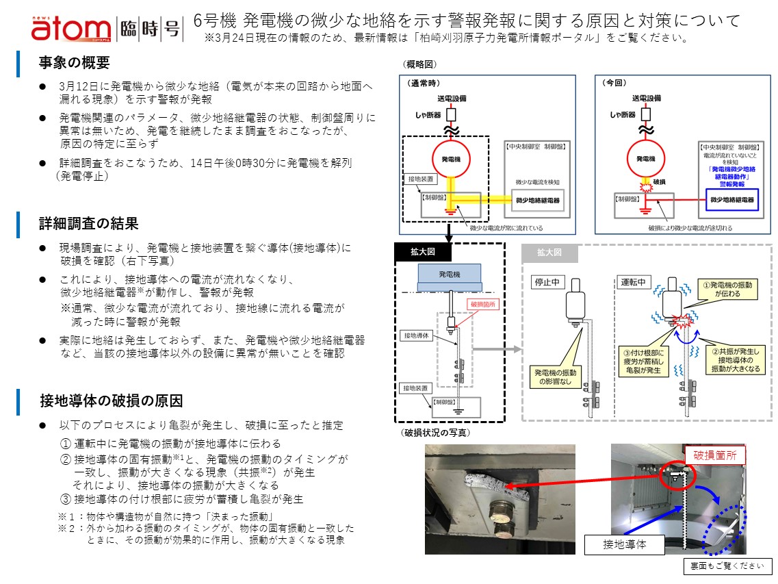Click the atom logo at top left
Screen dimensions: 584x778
coord(70,28)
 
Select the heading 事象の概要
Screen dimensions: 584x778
coord(74,63)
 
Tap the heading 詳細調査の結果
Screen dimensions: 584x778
coord(88,223)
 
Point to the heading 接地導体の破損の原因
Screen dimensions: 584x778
coord(111,400)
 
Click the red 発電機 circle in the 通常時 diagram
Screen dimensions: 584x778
coord(450,159)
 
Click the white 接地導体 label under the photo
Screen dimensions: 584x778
coord(624,545)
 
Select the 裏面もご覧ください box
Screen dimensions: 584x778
coord(728,566)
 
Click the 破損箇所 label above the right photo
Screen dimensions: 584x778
coord(715,455)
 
